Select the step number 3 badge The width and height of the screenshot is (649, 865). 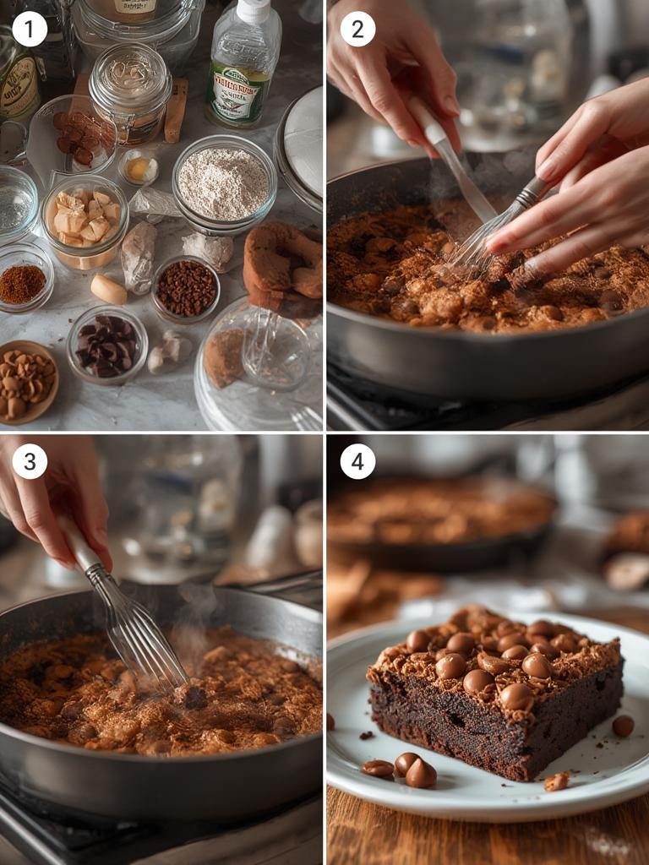tap(30, 461)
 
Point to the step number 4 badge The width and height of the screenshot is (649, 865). tap(357, 461)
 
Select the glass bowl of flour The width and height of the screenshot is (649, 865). tap(224, 183)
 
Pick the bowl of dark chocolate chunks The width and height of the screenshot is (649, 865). tap(106, 345)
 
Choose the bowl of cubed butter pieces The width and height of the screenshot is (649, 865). tap(84, 221)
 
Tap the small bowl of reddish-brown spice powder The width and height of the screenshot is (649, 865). tap(24, 284)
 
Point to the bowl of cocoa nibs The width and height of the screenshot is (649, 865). tap(186, 289)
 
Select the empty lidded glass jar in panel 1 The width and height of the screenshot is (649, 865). tap(131, 89)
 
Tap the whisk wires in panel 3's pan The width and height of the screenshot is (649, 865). tap(139, 634)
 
